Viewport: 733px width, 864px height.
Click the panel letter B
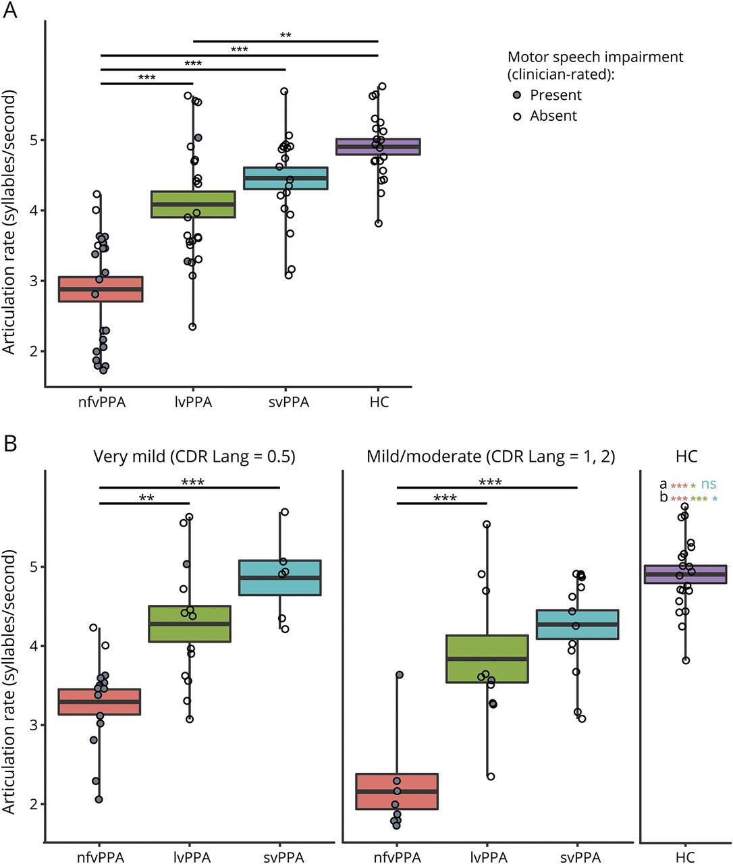point(10,443)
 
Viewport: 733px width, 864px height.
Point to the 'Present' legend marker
point(517,95)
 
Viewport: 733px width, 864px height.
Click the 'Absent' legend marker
point(517,116)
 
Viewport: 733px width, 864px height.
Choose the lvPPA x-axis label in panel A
point(193,402)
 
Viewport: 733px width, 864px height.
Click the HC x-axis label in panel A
point(379,402)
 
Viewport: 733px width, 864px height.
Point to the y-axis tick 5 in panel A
point(34,140)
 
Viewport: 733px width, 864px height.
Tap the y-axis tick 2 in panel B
point(34,804)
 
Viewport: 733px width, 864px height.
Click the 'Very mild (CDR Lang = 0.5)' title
point(194,457)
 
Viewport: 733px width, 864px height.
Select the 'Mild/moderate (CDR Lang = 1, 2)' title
point(491,457)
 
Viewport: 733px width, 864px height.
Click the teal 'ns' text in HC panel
point(709,484)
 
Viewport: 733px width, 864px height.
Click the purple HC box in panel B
point(686,574)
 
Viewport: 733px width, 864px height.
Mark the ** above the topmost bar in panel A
point(286,35)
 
